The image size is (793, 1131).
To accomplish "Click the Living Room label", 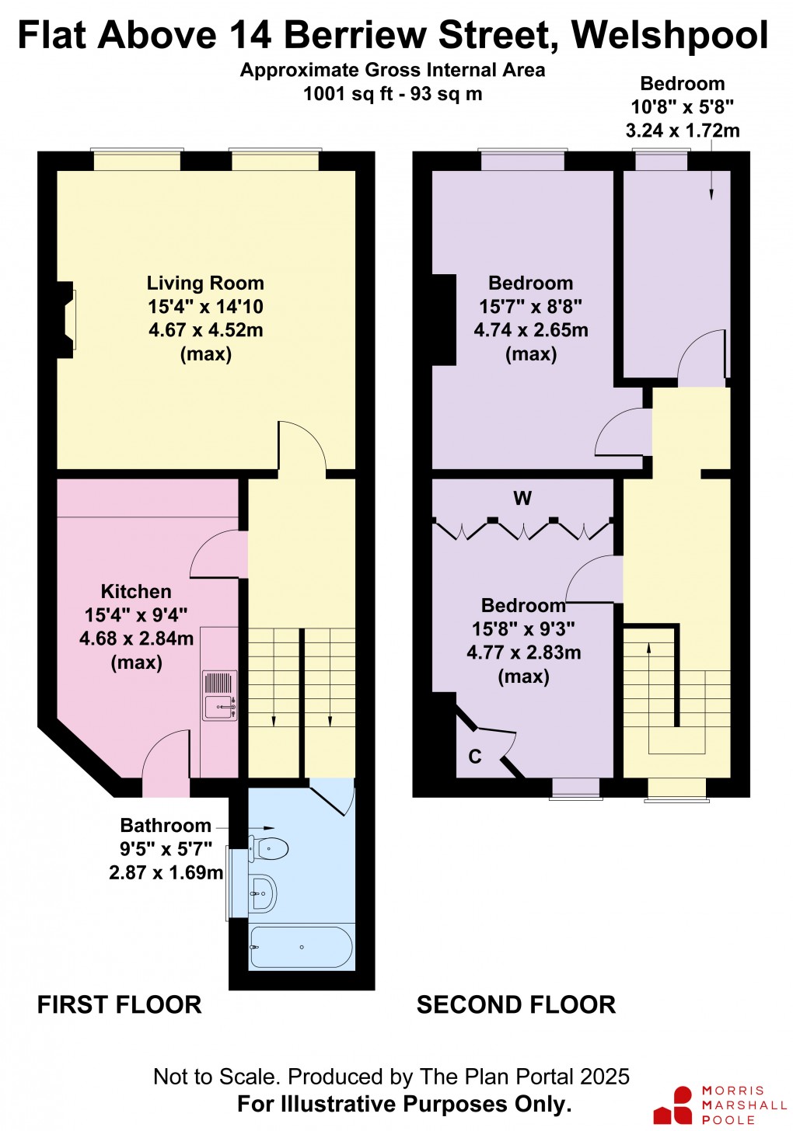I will [x=205, y=284].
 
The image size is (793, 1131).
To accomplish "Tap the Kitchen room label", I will [x=136, y=591].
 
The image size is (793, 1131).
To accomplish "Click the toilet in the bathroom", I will [x=268, y=848].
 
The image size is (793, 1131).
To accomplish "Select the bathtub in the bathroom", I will [x=301, y=947].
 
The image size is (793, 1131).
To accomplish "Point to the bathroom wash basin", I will [x=263, y=894].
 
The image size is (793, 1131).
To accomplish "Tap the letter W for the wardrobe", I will [x=522, y=498].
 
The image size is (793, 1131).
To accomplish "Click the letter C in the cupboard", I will [x=474, y=756].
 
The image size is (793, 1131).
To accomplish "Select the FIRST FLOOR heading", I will [x=120, y=1004].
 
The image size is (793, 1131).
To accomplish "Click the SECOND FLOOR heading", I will [x=516, y=1004].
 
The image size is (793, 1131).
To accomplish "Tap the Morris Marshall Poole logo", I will [x=719, y=1105].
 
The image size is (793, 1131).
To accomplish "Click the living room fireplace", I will [x=65, y=319].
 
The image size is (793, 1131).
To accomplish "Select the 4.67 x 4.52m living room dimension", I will [x=205, y=330].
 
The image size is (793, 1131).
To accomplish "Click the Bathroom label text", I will [x=166, y=825].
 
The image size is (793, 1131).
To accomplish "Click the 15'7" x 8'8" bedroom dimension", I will [x=530, y=307].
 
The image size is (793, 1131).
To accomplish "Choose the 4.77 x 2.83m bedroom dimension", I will [x=523, y=652].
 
